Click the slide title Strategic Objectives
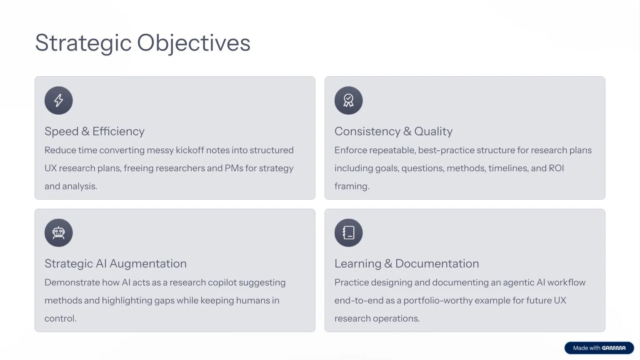pyautogui.click(x=142, y=43)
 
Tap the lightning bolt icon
pyautogui.click(x=59, y=100)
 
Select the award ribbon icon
pyautogui.click(x=348, y=100)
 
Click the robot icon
pyautogui.click(x=59, y=233)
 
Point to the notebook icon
pyautogui.click(x=348, y=233)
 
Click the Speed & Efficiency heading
pyautogui.click(x=95, y=131)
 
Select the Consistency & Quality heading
pyautogui.click(x=393, y=131)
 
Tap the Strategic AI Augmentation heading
pyautogui.click(x=115, y=264)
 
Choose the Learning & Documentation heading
pyautogui.click(x=407, y=264)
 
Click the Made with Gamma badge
pyautogui.click(x=599, y=348)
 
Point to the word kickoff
pyautogui.click(x=190, y=150)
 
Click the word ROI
pyautogui.click(x=556, y=168)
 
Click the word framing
pyautogui.click(x=351, y=186)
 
